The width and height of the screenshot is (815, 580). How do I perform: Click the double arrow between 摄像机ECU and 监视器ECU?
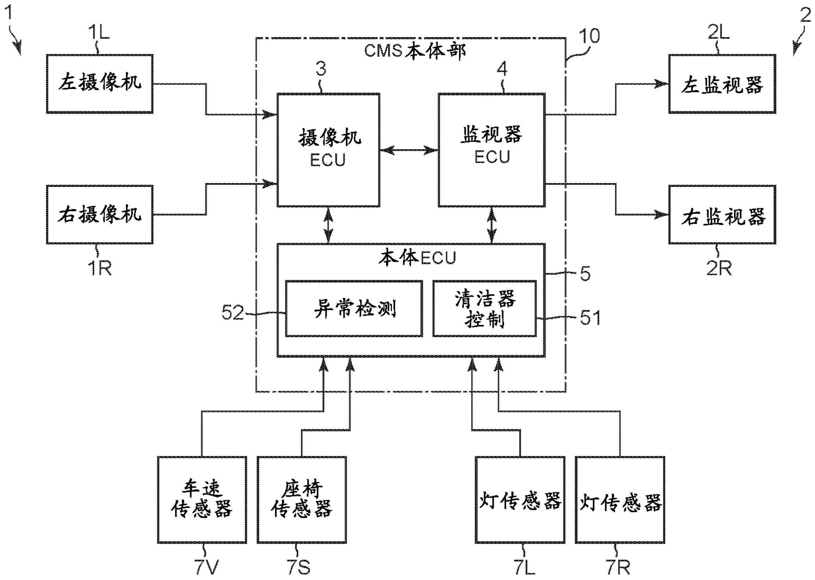click(409, 150)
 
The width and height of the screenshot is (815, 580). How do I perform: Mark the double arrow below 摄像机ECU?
click(328, 226)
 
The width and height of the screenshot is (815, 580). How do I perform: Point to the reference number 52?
click(233, 313)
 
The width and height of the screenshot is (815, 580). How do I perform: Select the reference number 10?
click(589, 36)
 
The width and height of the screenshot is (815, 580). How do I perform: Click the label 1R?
click(100, 267)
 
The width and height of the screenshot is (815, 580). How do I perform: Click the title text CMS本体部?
click(415, 51)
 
